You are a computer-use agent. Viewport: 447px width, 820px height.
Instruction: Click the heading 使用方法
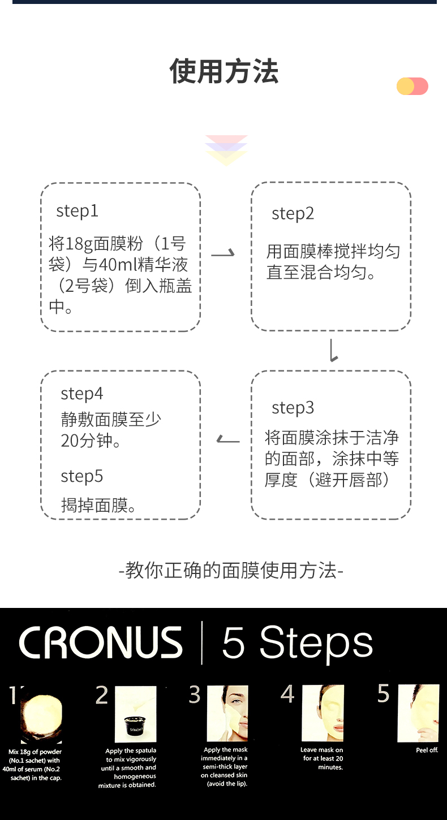pyautogui.click(x=224, y=72)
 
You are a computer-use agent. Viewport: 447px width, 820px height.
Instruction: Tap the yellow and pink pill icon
pyautogui.click(x=412, y=87)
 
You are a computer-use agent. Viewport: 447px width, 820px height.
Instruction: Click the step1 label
pyautogui.click(x=77, y=211)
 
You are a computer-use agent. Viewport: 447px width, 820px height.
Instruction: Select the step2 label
pyautogui.click(x=293, y=214)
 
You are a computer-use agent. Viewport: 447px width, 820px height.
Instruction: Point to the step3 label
pyautogui.click(x=293, y=408)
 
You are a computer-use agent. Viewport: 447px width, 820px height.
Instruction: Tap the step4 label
pyautogui.click(x=81, y=394)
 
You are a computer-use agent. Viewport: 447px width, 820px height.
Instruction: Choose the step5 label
pyautogui.click(x=81, y=476)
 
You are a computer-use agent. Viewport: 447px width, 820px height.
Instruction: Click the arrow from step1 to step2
pyautogui.click(x=223, y=254)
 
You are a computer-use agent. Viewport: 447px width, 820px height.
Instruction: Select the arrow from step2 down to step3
pyautogui.click(x=333, y=351)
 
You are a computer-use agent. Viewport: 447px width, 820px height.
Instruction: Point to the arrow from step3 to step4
pyautogui.click(x=228, y=439)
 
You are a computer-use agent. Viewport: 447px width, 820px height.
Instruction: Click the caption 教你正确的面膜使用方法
pyautogui.click(x=231, y=570)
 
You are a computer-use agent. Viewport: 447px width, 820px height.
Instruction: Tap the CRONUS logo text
pyautogui.click(x=101, y=643)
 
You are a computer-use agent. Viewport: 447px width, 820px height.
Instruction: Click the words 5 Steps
pyautogui.click(x=298, y=643)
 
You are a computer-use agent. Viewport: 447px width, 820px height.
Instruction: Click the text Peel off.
pyautogui.click(x=427, y=750)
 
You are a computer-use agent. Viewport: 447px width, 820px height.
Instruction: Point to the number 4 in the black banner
pyautogui.click(x=287, y=694)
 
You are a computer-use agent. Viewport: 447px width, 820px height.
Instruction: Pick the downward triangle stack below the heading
pyautogui.click(x=226, y=150)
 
